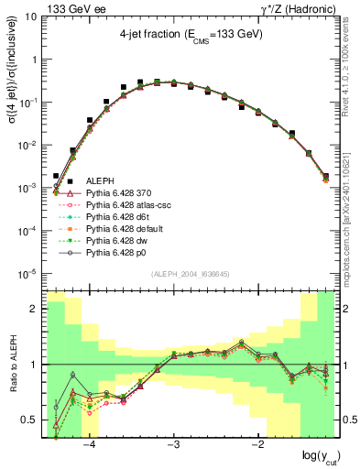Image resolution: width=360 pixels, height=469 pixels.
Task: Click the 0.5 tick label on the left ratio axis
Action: [x=30, y=420]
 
